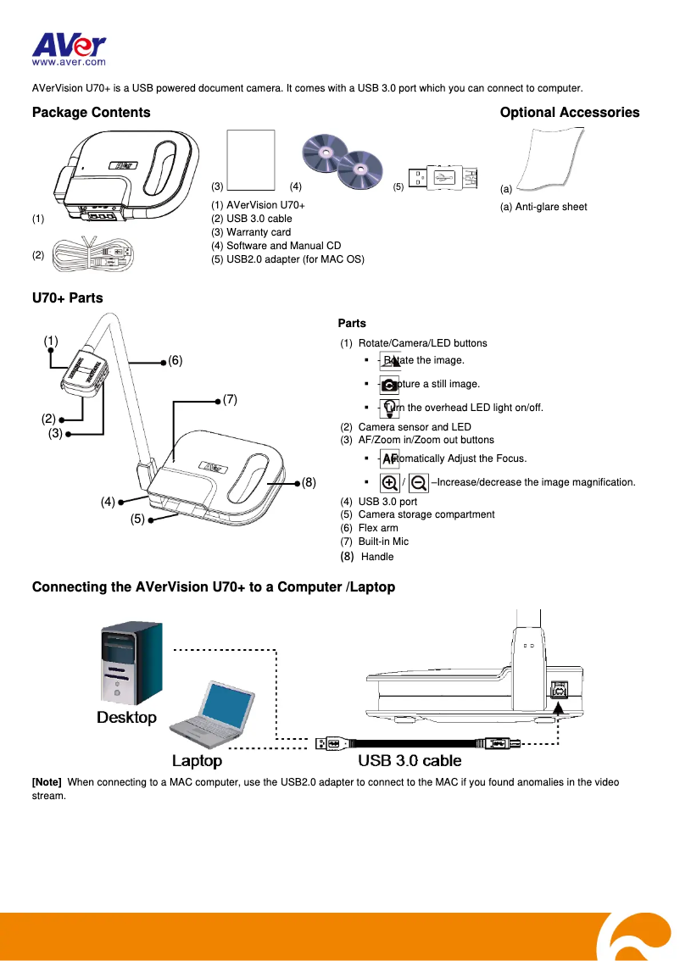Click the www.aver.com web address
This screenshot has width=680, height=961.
(69, 62)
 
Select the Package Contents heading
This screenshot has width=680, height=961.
(91, 113)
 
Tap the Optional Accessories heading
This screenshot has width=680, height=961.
(570, 113)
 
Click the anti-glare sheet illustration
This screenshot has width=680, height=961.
(549, 158)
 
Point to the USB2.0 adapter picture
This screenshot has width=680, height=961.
(442, 178)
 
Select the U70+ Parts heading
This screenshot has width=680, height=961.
(67, 297)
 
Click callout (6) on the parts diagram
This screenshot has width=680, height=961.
(175, 360)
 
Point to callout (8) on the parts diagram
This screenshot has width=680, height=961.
(309, 483)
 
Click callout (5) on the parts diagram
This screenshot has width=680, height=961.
(137, 519)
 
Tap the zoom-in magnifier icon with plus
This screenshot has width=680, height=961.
(390, 482)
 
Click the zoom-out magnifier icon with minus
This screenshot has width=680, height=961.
(418, 482)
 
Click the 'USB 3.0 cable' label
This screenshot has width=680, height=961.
(410, 760)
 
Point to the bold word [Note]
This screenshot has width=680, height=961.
(47, 782)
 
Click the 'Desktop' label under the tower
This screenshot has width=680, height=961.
(126, 718)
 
